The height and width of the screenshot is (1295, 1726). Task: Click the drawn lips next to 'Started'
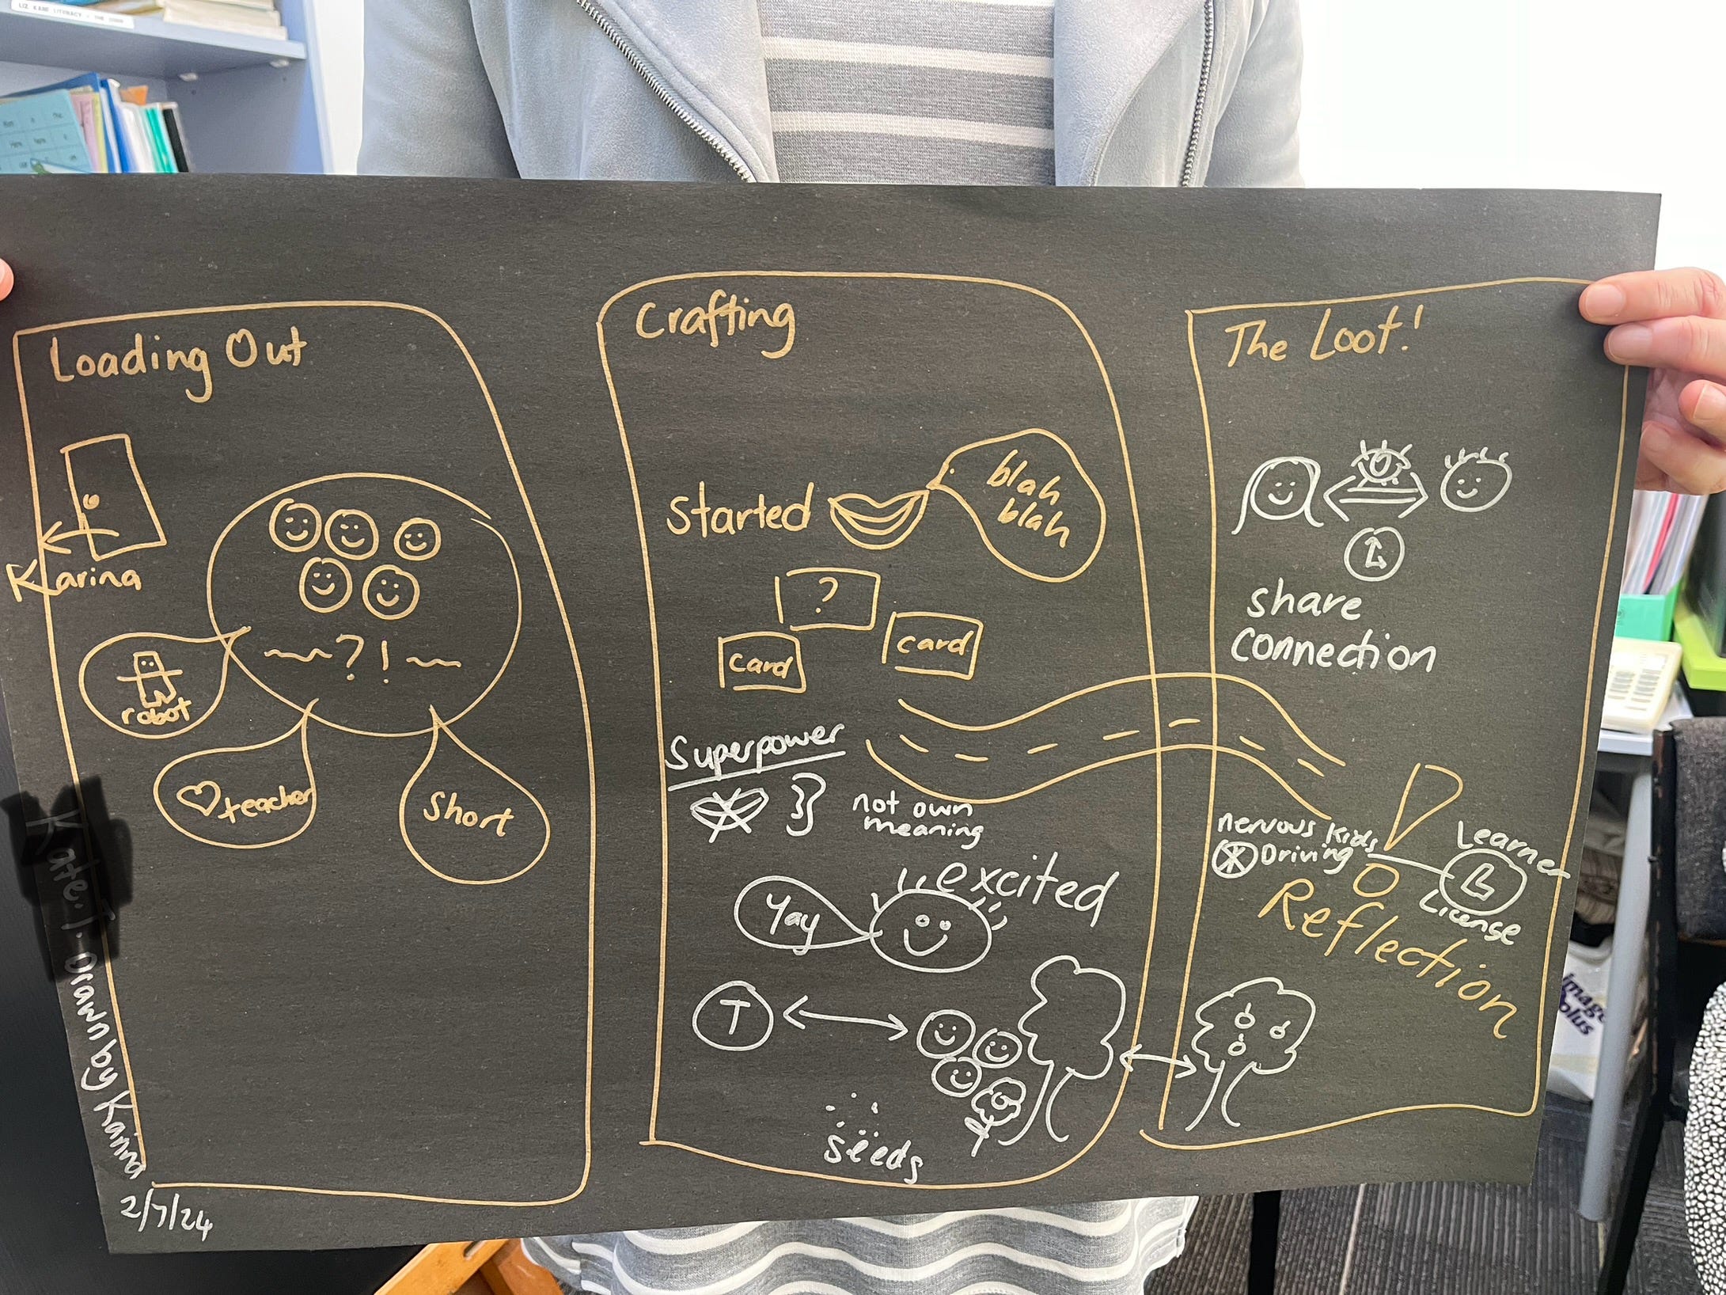click(x=878, y=515)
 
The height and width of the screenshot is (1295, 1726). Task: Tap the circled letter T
click(x=733, y=1017)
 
